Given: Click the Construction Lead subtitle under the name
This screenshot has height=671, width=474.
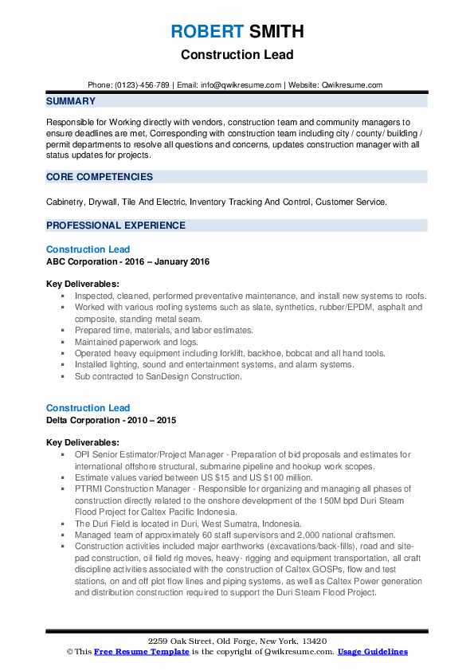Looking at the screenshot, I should coord(237,55).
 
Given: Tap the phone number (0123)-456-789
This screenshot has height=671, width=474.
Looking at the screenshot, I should coord(140,84).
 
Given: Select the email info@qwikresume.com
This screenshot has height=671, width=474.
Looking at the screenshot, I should coord(243,84).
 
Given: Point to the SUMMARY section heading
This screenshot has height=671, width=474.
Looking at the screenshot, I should coord(71,101).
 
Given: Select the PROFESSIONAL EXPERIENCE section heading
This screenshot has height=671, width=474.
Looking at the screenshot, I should coord(116,226).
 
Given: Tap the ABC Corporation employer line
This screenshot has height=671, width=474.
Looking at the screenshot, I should coord(127,262).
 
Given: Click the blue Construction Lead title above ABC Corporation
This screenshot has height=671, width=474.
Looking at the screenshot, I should coord(88,250).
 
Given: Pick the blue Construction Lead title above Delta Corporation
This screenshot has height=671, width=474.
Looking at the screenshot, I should coord(88,408).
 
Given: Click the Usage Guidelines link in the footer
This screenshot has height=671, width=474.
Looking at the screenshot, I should coord(372,652).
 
